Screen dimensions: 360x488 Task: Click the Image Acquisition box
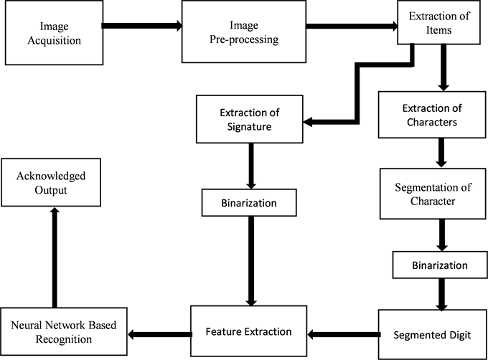[x=55, y=32]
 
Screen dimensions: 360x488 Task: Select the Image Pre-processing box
[x=244, y=32]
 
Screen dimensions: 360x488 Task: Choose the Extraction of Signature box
[x=248, y=120]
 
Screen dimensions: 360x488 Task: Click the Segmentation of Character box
[x=433, y=194]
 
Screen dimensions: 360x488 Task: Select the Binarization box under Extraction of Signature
[x=248, y=202]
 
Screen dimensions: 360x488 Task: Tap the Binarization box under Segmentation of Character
[x=440, y=265]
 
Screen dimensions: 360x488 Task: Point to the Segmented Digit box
[x=431, y=334]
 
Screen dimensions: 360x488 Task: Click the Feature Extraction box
[x=248, y=331]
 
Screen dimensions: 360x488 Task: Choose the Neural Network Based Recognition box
[x=64, y=331]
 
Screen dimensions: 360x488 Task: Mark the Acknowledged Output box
[x=52, y=182]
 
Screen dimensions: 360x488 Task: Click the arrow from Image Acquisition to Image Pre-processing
[x=141, y=26]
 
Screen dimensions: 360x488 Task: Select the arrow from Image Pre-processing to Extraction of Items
[x=352, y=27]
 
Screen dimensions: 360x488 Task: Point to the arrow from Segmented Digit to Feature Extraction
[x=342, y=333]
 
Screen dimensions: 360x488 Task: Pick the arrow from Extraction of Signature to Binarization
[x=248, y=166]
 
